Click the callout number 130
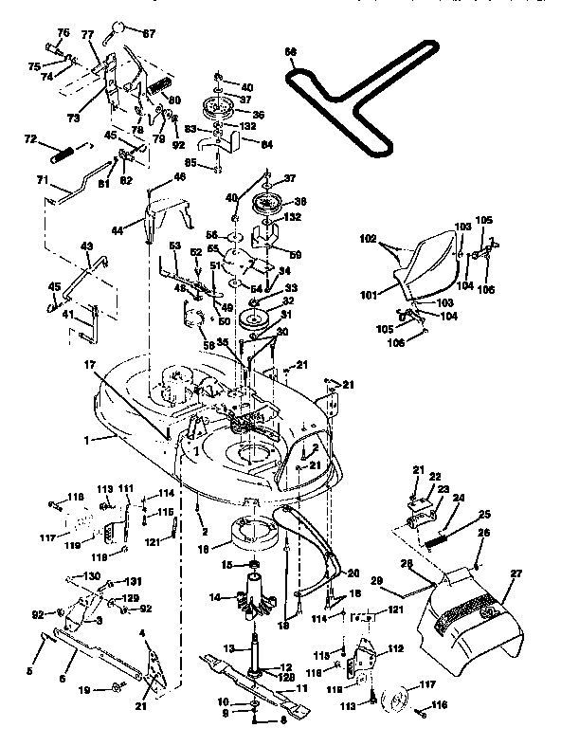[92, 576]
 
